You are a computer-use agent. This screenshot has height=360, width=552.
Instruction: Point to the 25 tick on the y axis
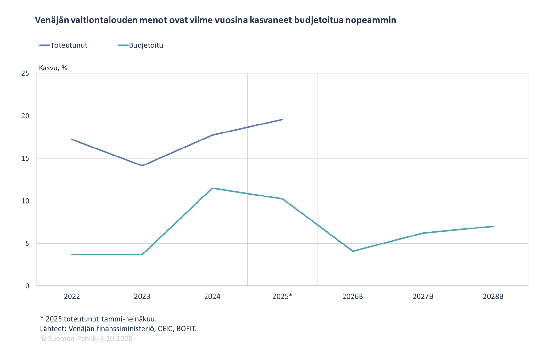[x=25, y=73]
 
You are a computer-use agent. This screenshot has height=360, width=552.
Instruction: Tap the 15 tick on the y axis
[x=25, y=158]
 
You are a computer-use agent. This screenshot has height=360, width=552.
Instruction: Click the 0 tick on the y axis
[x=27, y=286]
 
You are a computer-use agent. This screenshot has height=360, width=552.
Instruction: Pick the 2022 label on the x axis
[x=72, y=296]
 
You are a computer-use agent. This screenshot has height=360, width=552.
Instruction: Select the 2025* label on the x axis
[x=282, y=296]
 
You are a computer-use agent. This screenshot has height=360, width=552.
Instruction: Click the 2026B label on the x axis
[x=353, y=296]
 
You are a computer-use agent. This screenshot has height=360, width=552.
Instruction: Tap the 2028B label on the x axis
[x=493, y=296]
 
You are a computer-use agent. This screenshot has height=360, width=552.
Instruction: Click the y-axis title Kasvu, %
[x=53, y=68]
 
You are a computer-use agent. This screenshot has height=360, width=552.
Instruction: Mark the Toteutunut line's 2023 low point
[x=142, y=166]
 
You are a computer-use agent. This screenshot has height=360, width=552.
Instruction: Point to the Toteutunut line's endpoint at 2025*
[x=282, y=119]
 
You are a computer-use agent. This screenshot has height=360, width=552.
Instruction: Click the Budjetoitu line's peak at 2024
[x=212, y=188]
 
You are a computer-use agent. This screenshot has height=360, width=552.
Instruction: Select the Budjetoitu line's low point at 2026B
[x=353, y=251]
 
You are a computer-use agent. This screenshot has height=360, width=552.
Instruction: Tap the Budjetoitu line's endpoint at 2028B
[x=493, y=226]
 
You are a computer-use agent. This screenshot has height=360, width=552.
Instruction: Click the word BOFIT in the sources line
[x=186, y=329]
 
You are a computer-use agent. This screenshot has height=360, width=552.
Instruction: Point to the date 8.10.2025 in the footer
[x=116, y=339]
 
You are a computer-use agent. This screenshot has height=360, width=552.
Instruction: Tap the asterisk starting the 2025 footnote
[x=42, y=318]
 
